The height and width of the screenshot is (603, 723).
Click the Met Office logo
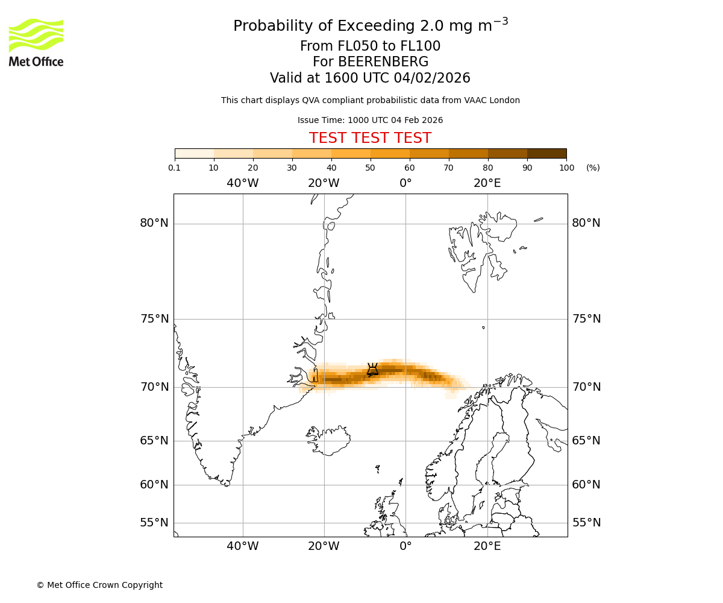tap(36, 42)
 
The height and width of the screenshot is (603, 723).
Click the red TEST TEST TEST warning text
tap(370, 139)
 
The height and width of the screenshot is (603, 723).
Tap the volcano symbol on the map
tap(372, 370)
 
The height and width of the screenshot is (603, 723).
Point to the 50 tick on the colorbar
tap(370, 168)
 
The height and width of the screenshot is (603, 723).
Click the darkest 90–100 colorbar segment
tap(546, 153)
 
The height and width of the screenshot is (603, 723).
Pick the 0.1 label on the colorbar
tap(175, 168)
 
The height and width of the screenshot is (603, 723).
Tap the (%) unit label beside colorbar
tap(593, 168)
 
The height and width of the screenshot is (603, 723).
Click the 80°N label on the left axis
tap(154, 223)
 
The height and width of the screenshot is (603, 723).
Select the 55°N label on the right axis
tap(586, 523)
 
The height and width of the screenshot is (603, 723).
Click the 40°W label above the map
tap(243, 183)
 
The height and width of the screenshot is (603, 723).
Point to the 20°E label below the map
tap(487, 546)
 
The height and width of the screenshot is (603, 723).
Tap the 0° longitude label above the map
tap(405, 183)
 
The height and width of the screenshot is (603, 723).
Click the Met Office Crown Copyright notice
tap(99, 585)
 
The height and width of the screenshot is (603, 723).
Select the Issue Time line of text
tap(370, 120)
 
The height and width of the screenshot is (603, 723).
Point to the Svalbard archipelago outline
tap(482, 247)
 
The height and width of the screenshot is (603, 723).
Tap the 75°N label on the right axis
tap(586, 319)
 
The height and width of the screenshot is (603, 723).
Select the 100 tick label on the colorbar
tap(566, 168)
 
